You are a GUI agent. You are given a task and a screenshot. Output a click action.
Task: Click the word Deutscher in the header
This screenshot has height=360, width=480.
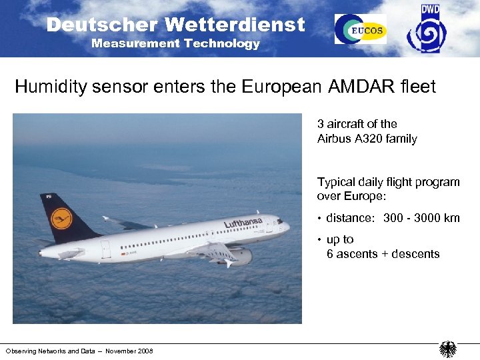click(102, 25)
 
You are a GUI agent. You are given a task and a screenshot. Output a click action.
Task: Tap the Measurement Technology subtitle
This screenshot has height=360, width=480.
click(175, 44)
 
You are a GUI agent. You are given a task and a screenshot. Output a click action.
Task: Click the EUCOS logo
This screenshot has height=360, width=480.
click(360, 29)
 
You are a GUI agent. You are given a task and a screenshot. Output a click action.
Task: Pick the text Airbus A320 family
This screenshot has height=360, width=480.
click(367, 139)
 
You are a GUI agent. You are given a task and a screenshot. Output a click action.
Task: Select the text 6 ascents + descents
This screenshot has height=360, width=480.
click(383, 254)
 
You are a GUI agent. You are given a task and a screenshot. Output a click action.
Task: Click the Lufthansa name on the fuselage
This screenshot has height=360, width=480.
click(243, 222)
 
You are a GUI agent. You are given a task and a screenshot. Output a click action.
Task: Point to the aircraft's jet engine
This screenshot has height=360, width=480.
click(239, 256)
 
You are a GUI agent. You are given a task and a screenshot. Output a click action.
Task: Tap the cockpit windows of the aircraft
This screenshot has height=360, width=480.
click(279, 221)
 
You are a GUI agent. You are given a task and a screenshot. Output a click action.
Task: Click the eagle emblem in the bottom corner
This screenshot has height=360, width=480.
click(447, 349)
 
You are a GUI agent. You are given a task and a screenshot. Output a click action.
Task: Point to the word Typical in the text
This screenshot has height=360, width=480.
click(336, 182)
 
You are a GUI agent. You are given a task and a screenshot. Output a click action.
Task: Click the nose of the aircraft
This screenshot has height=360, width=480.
click(287, 227)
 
